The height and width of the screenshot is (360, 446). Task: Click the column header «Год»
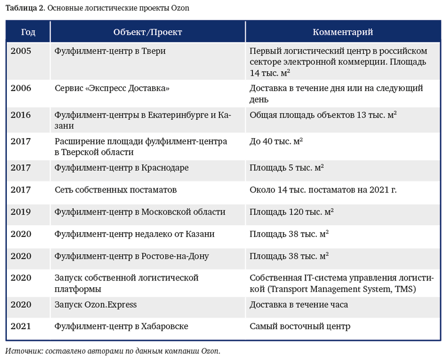(28, 32)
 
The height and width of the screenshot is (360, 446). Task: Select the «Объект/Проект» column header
(147, 32)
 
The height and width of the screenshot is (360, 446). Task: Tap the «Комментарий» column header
(342, 32)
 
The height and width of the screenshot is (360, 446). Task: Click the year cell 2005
(21, 51)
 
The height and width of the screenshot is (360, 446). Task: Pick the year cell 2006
(21, 88)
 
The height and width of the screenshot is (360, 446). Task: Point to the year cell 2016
(21, 115)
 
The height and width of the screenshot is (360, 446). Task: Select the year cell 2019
(21, 212)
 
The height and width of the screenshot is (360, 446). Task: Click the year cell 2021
(21, 327)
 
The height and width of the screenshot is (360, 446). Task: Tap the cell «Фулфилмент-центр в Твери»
(102, 51)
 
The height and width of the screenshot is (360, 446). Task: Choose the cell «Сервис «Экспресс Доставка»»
(112, 88)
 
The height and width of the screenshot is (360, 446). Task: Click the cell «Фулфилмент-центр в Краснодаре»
(121, 168)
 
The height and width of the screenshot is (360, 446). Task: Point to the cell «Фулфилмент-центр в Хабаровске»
(121, 327)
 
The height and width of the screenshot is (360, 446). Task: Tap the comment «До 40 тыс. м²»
(276, 141)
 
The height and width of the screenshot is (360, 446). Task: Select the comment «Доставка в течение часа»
(299, 305)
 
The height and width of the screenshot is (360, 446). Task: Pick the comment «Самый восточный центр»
(300, 327)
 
